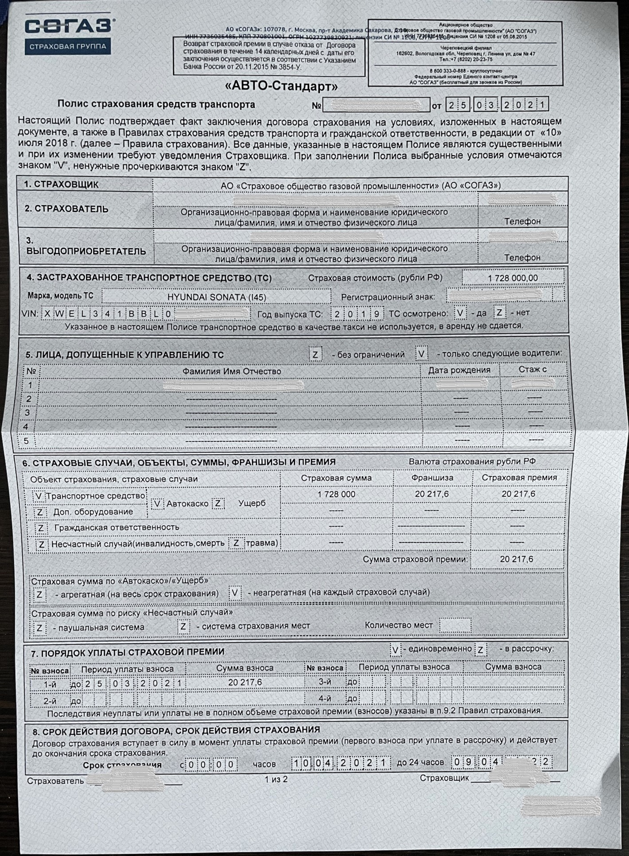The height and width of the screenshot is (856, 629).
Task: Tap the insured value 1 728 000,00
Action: coord(513,278)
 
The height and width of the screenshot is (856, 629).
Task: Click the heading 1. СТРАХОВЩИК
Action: coord(62,184)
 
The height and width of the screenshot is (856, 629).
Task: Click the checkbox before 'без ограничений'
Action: coord(315,355)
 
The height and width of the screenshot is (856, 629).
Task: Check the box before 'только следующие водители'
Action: coord(422,354)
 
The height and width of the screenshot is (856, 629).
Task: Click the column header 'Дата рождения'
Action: coord(459,370)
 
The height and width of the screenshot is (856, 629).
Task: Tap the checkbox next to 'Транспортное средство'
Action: coord(38,496)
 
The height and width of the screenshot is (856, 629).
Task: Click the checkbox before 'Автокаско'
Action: coord(157,503)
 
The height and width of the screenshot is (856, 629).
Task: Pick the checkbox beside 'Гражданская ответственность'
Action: coord(41,528)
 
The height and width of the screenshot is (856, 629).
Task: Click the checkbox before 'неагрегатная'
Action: coord(235,593)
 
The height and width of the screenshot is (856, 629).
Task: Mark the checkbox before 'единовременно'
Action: coord(395,650)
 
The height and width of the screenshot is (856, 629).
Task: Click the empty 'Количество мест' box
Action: coord(455,625)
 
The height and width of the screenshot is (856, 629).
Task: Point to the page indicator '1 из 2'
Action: coord(276,780)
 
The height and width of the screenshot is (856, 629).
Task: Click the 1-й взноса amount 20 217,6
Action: coord(245,683)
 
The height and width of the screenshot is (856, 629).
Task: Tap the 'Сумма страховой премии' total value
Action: coord(516,559)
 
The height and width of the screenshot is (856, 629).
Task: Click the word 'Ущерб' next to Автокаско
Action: coord(252,503)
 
